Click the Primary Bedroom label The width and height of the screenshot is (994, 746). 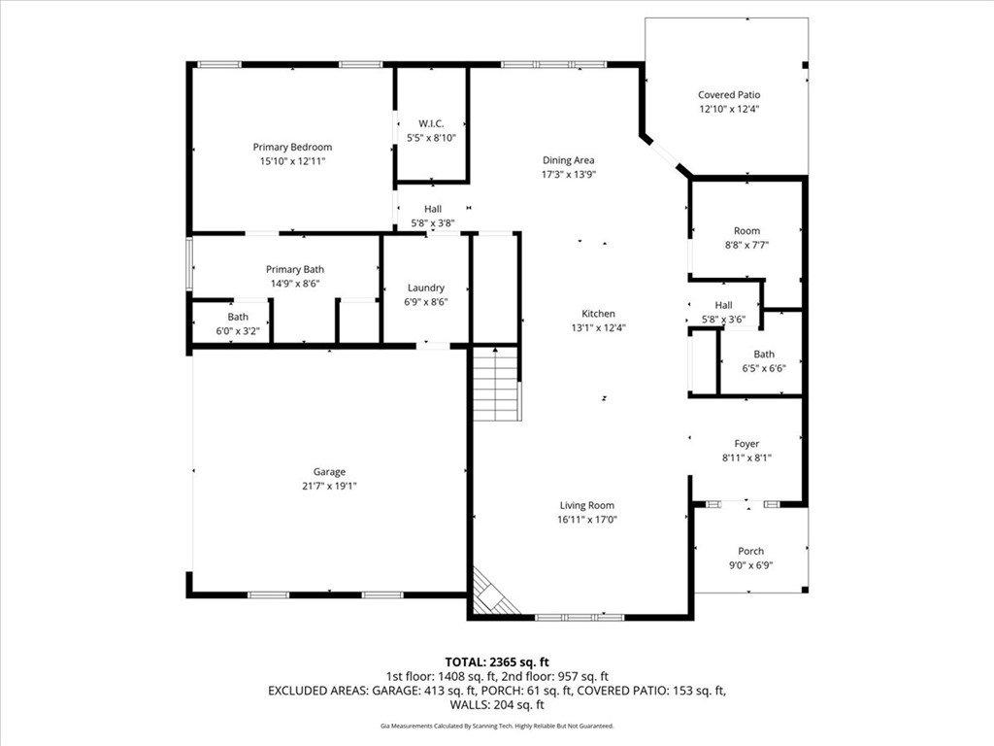click(x=292, y=148)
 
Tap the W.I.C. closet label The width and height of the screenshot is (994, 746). click(x=431, y=123)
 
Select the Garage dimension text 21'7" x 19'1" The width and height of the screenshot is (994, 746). click(x=329, y=487)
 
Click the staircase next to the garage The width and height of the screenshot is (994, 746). click(x=496, y=384)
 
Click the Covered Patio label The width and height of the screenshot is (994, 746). click(x=729, y=95)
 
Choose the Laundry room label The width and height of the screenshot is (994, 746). click(x=426, y=288)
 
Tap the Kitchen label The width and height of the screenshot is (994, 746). click(x=598, y=314)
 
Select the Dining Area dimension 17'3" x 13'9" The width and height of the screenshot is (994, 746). click(x=569, y=175)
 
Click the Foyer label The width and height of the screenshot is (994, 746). click(x=746, y=444)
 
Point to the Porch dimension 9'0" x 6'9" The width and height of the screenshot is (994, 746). click(x=750, y=565)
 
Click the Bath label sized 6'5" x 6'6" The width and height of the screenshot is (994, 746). click(x=764, y=354)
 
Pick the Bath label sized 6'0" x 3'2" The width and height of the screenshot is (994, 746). click(x=239, y=317)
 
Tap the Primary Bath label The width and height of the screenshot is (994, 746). click(x=295, y=270)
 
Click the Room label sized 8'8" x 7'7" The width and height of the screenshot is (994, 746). click(x=746, y=231)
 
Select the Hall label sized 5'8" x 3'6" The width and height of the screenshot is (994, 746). click(x=723, y=305)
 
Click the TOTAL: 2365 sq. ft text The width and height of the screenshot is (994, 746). click(x=496, y=662)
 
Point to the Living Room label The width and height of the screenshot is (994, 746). click(x=587, y=505)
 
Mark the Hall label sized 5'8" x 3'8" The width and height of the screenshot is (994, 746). click(x=433, y=209)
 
